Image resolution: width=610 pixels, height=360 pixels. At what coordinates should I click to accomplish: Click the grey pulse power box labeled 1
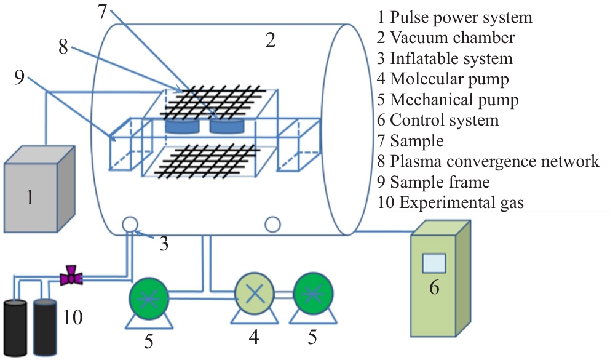pyautogui.click(x=38, y=192)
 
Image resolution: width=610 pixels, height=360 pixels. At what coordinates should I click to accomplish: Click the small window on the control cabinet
pyautogui.click(x=434, y=263)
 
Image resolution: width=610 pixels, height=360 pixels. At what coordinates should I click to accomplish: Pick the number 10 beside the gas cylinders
pyautogui.click(x=73, y=318)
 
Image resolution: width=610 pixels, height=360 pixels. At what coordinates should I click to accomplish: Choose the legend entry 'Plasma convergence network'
pyautogui.click(x=488, y=161)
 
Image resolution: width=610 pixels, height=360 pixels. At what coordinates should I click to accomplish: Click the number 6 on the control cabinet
pyautogui.click(x=434, y=287)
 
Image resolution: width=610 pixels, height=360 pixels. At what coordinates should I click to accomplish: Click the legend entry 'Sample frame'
pyautogui.click(x=439, y=182)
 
